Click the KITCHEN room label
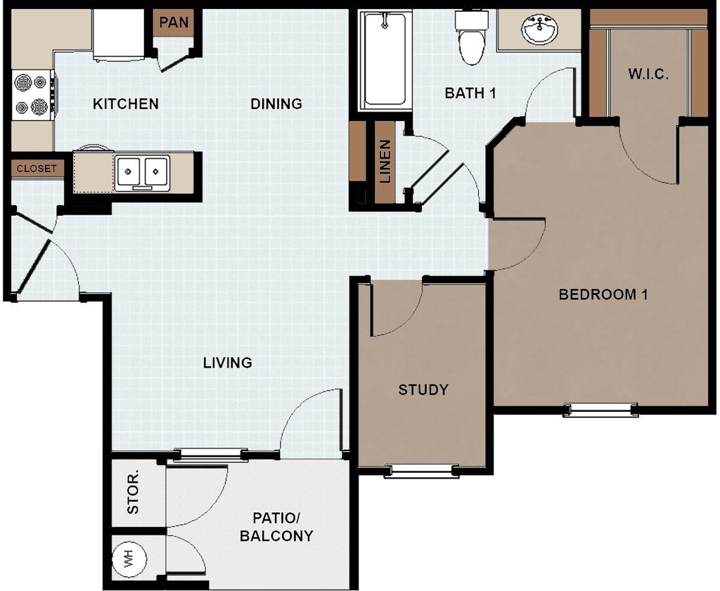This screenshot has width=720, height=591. pyautogui.click(x=125, y=104)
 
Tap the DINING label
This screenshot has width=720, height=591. pyautogui.click(x=276, y=104)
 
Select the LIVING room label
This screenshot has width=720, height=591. pyautogui.click(x=228, y=363)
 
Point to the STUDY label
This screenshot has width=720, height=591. pyautogui.click(x=423, y=389)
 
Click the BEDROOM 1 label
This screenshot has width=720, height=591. pyautogui.click(x=603, y=294)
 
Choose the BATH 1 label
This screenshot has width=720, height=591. pyautogui.click(x=470, y=93)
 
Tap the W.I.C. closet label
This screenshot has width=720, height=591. pyautogui.click(x=648, y=74)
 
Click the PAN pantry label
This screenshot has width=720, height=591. pyautogui.click(x=174, y=22)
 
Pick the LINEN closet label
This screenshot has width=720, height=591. pyautogui.click(x=385, y=162)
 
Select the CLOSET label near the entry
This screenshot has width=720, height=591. pyautogui.click(x=37, y=169)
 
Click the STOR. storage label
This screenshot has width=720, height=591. pyautogui.click(x=133, y=493)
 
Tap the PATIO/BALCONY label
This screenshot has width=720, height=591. pyautogui.click(x=276, y=527)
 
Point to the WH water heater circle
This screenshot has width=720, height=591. pyautogui.click(x=129, y=558)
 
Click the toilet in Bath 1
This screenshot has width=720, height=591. pyautogui.click(x=472, y=38)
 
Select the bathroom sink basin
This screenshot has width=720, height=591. pyautogui.click(x=539, y=30)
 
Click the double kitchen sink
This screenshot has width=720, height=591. pyautogui.click(x=142, y=173)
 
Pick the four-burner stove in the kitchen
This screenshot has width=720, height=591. pyautogui.click(x=32, y=95)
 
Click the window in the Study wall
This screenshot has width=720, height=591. pyautogui.click(x=422, y=471)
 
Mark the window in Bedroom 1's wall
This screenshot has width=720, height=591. pyautogui.click(x=600, y=409)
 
